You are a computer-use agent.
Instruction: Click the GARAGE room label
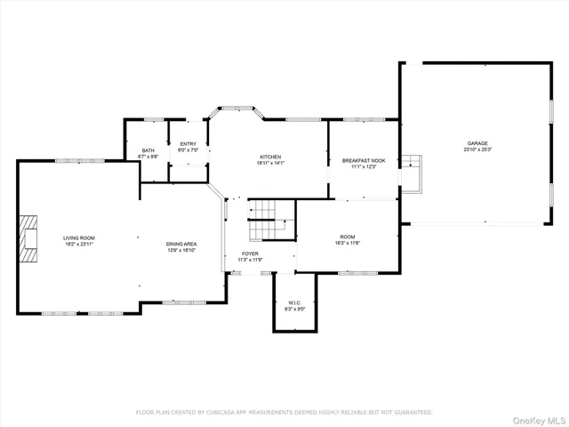point(477,143)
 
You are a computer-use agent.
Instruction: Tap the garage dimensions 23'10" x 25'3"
point(477,149)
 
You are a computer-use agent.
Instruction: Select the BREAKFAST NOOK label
point(364,161)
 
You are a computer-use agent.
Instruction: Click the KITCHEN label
point(270,157)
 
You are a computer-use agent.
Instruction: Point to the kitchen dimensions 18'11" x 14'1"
point(270,163)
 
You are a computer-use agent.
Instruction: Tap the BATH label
point(148,150)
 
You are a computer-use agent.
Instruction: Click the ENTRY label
point(188,144)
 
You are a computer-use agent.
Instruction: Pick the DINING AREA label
point(180,244)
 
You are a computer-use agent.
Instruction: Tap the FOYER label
point(251,254)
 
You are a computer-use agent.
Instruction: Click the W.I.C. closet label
point(296,302)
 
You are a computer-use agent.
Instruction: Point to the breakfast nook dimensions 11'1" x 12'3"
point(364,167)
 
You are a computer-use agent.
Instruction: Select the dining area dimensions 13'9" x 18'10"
point(180,250)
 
